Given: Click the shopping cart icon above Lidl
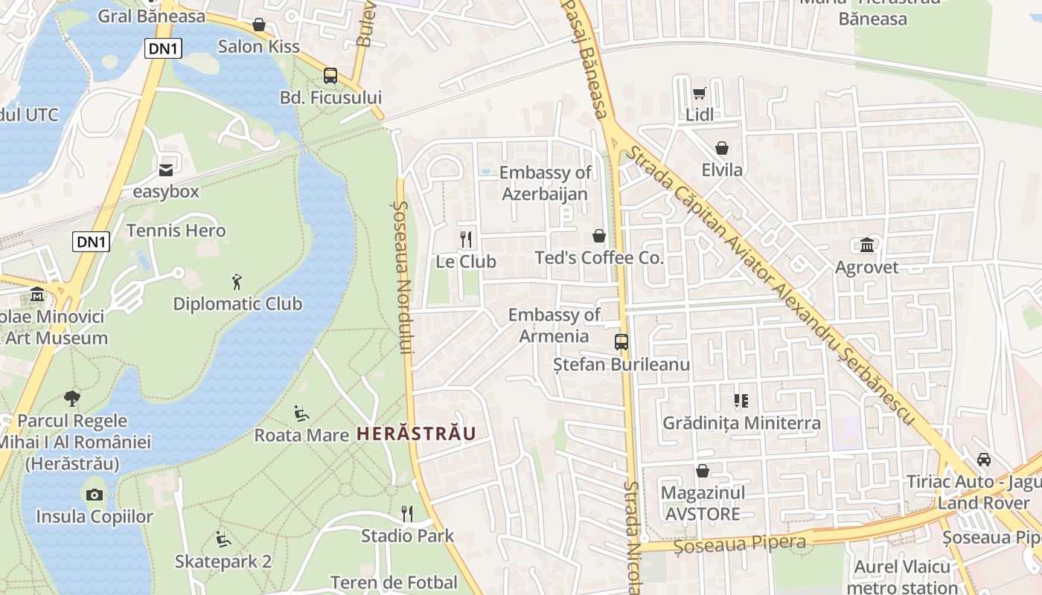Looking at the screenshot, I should click(699, 93).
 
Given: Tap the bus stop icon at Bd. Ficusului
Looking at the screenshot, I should click(330, 76).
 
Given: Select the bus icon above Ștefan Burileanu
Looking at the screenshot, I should click(621, 342).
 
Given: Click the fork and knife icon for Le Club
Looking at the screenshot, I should click(466, 239).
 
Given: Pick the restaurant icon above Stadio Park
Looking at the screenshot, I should click(407, 513).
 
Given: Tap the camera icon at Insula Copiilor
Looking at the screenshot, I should click(95, 495).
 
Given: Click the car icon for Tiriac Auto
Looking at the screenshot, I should click(984, 460).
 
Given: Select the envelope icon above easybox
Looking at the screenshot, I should click(165, 170).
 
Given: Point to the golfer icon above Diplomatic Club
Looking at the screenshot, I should click(237, 282).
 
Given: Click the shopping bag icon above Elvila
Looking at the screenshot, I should click(721, 148).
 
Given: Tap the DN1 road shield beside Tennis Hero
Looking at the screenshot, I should click(92, 242).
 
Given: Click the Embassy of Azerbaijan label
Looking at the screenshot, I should click(545, 183).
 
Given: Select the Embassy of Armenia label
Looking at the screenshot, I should click(554, 326).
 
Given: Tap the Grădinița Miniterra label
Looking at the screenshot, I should click(741, 423).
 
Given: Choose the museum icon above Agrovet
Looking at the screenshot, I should click(867, 245).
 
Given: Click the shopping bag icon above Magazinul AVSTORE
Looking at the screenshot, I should click(702, 471).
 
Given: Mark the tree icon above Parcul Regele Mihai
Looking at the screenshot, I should click(72, 399).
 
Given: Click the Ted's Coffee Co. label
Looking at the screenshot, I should click(599, 258).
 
